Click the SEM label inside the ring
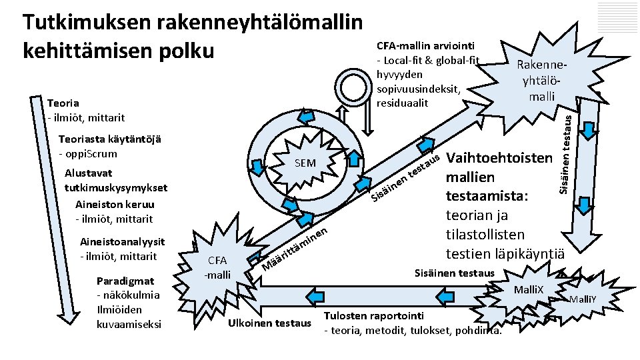click(304, 164)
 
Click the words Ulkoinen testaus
click(269, 323)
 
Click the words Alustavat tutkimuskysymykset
click(116, 181)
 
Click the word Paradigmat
click(125, 280)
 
